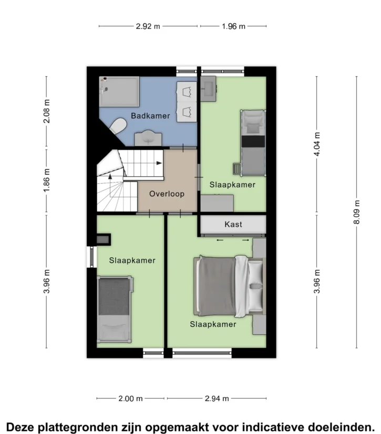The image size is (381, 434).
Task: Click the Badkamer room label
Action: (150, 115)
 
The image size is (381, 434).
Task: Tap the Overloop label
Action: (167, 194)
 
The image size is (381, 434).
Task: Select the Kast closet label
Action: (233, 224)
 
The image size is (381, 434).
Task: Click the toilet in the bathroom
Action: (118, 126)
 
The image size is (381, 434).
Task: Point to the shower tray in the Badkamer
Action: (119, 92)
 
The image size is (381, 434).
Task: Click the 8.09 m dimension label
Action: (357, 212)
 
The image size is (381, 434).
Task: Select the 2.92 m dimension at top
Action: (148, 26)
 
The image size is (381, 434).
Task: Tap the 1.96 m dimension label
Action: (233, 26)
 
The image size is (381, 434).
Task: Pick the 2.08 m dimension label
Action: (47, 111)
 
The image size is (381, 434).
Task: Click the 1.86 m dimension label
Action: (47, 180)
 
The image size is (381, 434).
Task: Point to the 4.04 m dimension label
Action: (317, 144)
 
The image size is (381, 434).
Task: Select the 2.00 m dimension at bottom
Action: (130, 398)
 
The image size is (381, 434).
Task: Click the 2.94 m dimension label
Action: (217, 398)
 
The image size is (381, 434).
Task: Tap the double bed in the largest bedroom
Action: (230, 286)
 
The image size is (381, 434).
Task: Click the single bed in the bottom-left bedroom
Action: (115, 309)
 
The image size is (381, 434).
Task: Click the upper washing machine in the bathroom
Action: (187, 92)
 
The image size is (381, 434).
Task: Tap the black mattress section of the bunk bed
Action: (253, 142)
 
